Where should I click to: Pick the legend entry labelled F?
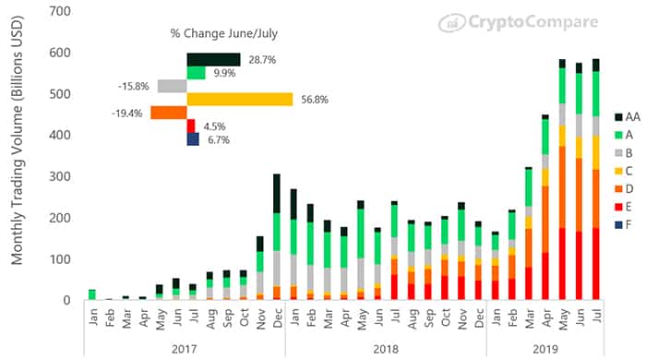(x=628, y=223)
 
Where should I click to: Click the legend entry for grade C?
(x=628, y=170)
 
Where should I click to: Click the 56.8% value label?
(x=312, y=100)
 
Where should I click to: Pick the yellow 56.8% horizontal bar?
(x=240, y=100)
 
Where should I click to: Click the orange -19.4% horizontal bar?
(x=168, y=113)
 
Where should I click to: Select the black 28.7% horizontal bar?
(x=213, y=59)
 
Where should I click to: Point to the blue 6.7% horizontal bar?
(x=192, y=139)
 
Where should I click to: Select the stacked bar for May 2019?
(x=561, y=185)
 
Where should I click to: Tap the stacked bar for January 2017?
(x=92, y=294)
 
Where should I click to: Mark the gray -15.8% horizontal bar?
(x=172, y=86)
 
